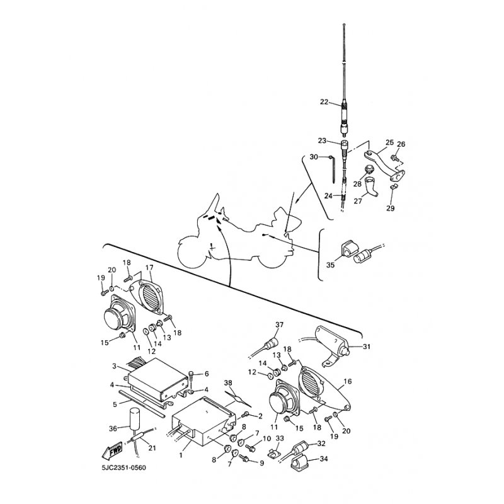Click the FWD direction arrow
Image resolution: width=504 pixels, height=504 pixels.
point(112,450)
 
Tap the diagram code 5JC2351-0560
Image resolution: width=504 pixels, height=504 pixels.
point(123,467)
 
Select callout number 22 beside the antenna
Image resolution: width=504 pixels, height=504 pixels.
point(324,102)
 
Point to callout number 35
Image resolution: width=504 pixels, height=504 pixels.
point(330,265)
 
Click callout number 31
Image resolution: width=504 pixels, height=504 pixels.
point(367,346)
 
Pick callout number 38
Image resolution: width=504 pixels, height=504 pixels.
point(228,383)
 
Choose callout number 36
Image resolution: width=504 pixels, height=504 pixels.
point(113,428)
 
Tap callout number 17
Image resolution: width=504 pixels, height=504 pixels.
point(149,267)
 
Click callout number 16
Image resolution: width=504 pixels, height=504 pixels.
point(348,381)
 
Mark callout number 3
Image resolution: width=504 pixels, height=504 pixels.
point(114,366)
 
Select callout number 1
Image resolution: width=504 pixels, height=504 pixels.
point(181,455)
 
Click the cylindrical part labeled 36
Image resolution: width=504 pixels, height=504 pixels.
point(134,418)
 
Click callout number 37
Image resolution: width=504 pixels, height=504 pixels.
point(279,324)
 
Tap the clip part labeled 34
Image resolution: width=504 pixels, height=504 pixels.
point(299,462)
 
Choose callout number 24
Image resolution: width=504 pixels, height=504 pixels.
point(328,195)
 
